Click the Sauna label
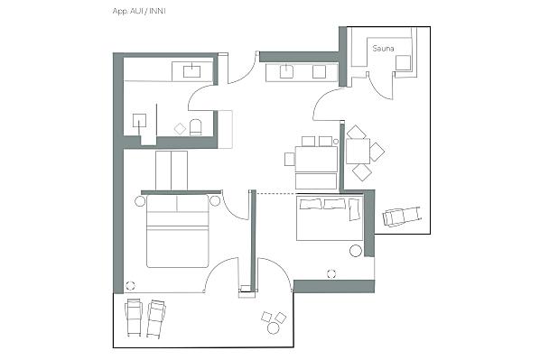click(383, 49)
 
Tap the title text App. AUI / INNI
click(139, 11)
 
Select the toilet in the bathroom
click(195, 126)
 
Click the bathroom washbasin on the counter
click(191, 71)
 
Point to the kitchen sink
click(286, 71)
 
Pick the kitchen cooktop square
click(319, 71)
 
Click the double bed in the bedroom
click(178, 231)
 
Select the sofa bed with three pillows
click(330, 218)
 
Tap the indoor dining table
click(316, 159)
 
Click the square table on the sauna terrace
click(358, 151)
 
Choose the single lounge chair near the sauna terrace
click(402, 217)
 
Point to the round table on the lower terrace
click(273, 328)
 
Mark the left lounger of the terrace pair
click(134, 317)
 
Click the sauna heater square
click(403, 62)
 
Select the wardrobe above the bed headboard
click(172, 171)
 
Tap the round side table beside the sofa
click(356, 251)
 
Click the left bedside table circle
click(140, 201)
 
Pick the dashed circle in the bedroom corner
click(130, 285)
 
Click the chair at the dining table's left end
click(290, 159)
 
